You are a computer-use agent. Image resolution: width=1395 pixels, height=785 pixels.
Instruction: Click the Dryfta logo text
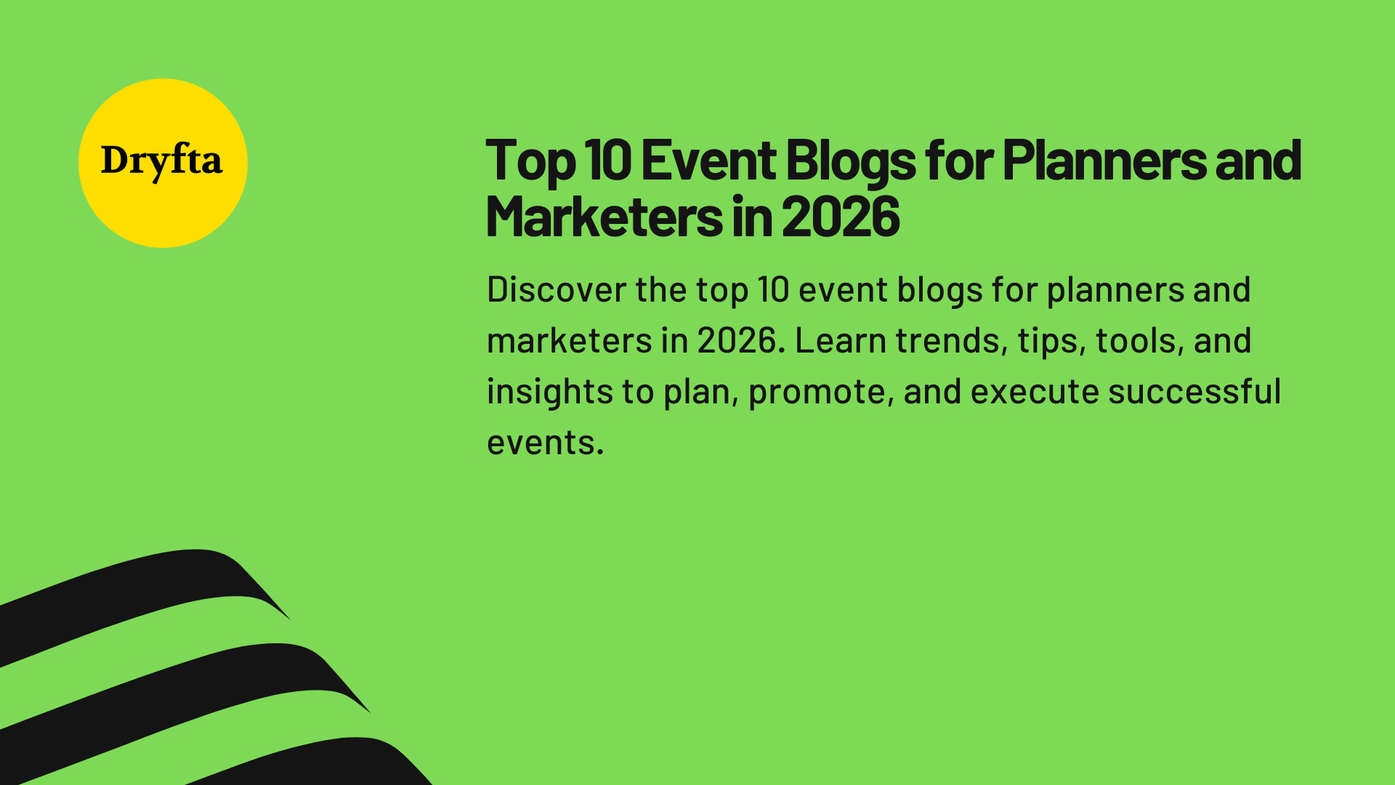161,161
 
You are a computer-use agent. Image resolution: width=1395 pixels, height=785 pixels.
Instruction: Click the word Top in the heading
530,161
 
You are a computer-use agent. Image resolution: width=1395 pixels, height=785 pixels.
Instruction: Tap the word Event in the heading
708,161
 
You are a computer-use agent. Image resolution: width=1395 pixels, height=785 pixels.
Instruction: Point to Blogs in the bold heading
850,161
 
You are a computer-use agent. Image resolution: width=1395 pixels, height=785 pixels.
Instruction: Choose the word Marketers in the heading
604,217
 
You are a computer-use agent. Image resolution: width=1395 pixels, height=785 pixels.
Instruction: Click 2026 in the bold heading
841,217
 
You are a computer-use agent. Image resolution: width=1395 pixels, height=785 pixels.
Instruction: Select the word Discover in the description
557,290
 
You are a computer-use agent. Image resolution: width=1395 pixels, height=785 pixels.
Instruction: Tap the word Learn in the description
840,341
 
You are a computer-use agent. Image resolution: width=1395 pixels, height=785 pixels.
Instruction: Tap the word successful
1194,392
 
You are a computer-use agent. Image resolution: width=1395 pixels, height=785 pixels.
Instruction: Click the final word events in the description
545,443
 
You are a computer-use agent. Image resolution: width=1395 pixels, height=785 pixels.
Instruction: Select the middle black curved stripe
182,683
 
